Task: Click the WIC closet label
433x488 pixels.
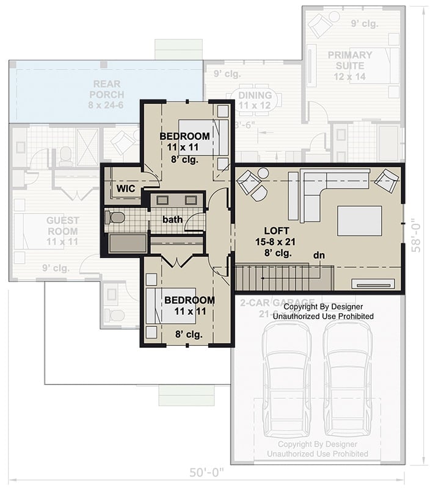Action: (x=126, y=188)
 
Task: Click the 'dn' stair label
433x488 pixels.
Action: (x=318, y=255)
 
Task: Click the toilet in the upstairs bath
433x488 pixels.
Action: (x=115, y=217)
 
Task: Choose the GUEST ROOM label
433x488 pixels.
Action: (x=63, y=226)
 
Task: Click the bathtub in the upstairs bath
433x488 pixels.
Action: (x=127, y=244)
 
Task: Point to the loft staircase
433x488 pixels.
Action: (x=283, y=278)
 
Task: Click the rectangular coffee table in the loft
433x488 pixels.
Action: (x=359, y=221)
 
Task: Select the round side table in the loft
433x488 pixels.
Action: (x=263, y=173)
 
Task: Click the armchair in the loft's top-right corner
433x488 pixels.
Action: (x=386, y=180)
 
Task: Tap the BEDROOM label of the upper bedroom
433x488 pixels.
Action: (x=184, y=136)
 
